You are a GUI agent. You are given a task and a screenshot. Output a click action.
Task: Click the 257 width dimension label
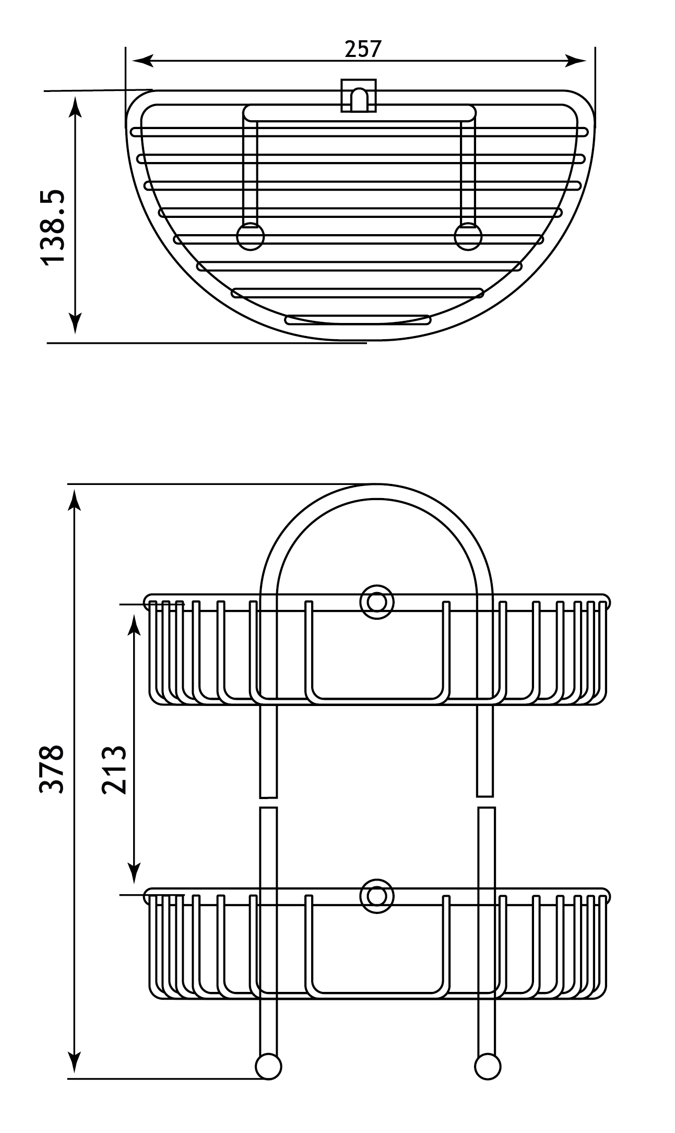[x=363, y=49]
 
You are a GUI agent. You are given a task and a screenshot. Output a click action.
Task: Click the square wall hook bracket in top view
[x=359, y=95]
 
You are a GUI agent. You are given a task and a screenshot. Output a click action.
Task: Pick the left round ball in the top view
[x=250, y=236]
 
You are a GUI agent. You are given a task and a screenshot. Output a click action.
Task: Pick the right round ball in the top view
[x=468, y=236]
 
